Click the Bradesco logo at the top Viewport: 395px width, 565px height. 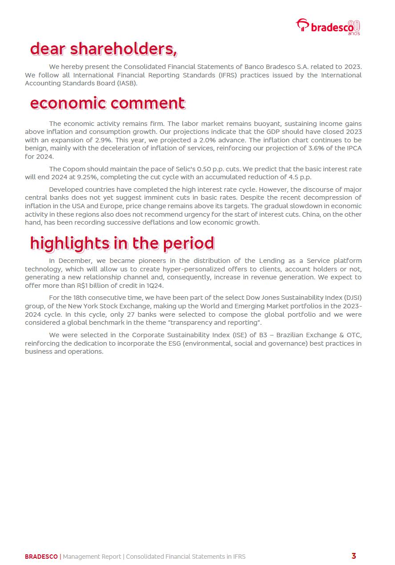(x=328, y=27)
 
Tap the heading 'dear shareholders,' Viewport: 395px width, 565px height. (x=103, y=49)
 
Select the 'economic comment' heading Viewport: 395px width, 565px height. (x=107, y=103)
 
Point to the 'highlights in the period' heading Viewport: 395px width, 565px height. (x=122, y=243)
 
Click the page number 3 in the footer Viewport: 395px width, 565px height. (x=354, y=556)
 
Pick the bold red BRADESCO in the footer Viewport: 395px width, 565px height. (x=41, y=557)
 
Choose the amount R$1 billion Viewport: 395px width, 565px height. (x=87, y=286)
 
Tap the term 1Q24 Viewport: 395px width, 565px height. (x=155, y=286)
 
